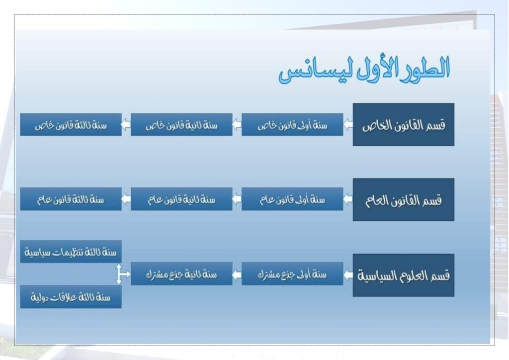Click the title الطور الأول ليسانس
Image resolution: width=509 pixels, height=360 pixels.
(364, 70)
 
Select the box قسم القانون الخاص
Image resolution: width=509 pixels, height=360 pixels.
(404, 125)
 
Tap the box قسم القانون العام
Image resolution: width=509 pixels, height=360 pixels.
(404, 199)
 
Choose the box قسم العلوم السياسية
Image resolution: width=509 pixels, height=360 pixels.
(404, 275)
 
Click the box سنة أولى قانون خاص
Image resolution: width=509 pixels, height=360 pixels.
(292, 125)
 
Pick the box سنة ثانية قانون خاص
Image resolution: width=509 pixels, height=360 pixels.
(181, 125)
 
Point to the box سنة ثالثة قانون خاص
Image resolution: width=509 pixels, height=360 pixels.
(71, 125)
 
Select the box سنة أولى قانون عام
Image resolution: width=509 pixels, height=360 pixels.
(292, 199)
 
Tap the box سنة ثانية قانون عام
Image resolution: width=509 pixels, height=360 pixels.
(181, 199)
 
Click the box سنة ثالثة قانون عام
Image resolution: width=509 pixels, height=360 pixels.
(71, 199)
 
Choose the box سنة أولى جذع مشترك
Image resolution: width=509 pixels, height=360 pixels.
(292, 273)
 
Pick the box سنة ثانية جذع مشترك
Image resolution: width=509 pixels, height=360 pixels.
(181, 273)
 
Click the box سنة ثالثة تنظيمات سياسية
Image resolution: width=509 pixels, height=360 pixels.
(71, 252)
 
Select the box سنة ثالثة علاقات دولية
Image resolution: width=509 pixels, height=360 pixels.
(71, 297)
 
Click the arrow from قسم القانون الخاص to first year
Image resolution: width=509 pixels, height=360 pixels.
(348, 124)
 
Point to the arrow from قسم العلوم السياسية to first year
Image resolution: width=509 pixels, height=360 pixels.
(348, 275)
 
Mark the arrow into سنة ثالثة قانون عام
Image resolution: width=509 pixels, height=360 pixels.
(126, 199)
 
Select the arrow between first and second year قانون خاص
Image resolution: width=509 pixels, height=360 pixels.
(237, 124)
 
